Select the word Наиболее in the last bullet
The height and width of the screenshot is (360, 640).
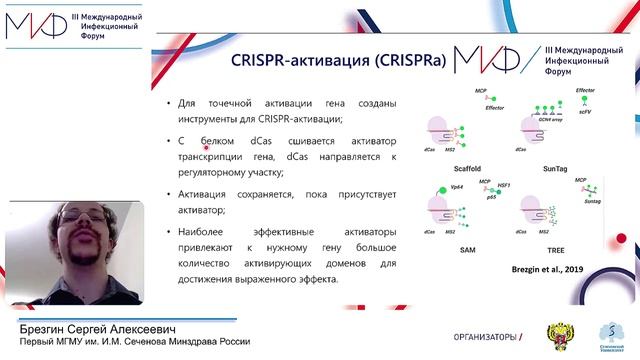tap(203, 231)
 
